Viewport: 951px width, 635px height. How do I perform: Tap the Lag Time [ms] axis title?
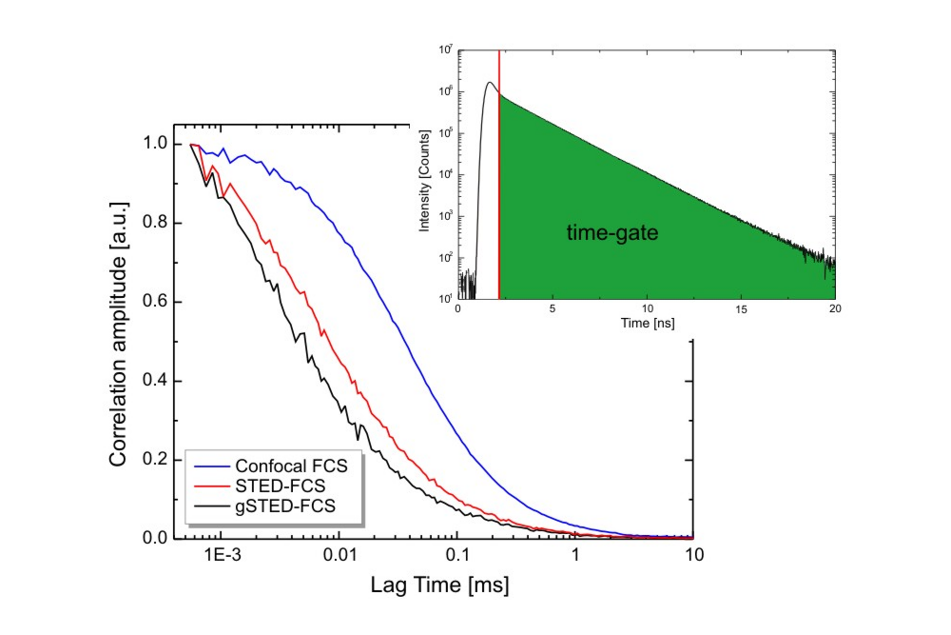[439, 585]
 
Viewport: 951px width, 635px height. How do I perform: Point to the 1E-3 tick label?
[221, 556]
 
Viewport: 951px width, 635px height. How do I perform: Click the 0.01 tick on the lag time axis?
[339, 556]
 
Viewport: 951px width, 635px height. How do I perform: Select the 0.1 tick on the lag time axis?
[457, 556]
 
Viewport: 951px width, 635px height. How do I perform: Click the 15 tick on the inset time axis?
[741, 308]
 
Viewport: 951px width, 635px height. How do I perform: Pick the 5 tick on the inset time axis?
[553, 308]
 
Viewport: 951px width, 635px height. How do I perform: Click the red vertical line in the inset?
[499, 190]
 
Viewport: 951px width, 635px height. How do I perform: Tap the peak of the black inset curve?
[490, 83]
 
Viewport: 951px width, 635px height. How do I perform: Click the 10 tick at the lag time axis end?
[694, 556]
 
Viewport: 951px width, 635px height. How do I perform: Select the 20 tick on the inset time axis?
[834, 308]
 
